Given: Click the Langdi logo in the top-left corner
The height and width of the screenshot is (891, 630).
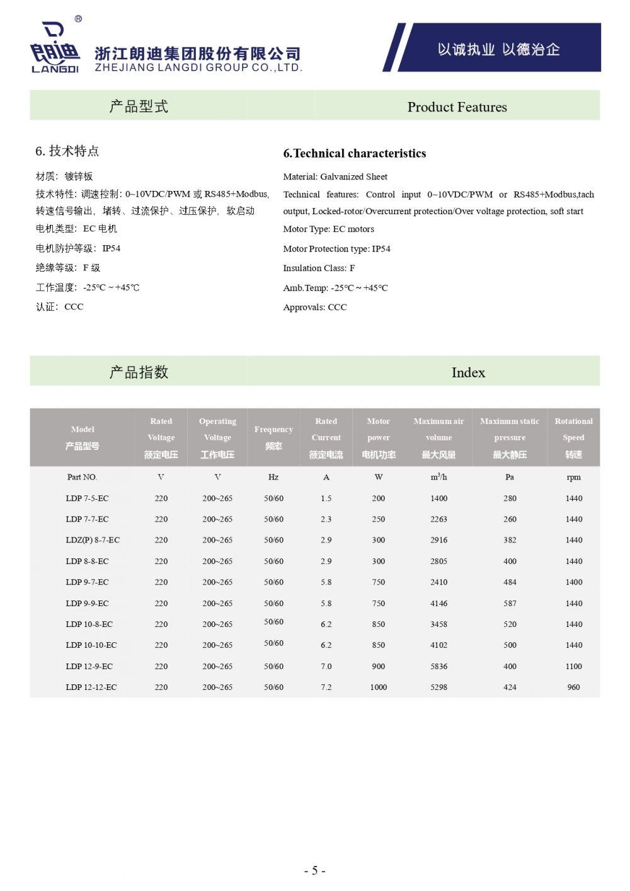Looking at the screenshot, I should click(x=55, y=48).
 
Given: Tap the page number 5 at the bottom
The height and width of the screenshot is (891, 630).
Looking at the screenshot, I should click(x=314, y=871).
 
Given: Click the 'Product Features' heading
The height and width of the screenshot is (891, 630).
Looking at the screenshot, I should click(x=457, y=107).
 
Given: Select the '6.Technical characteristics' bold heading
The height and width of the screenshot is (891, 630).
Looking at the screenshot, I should click(x=355, y=153).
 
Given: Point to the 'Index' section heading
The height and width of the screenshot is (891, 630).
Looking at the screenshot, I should click(x=468, y=372).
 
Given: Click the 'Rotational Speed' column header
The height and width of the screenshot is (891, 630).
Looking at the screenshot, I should click(x=573, y=437).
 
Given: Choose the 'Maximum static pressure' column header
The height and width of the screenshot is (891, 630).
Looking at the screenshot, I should click(x=510, y=437).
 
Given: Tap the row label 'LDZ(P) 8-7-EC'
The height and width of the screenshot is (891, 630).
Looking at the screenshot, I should click(x=93, y=540).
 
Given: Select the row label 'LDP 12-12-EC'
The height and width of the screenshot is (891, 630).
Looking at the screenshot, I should click(x=91, y=687).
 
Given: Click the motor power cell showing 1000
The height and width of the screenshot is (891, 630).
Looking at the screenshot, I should click(x=379, y=687).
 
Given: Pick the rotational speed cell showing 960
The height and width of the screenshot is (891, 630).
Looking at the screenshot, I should click(x=573, y=687).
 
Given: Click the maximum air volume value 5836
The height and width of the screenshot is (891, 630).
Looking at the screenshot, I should click(x=438, y=666).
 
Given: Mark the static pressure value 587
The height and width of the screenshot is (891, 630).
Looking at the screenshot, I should click(x=510, y=603).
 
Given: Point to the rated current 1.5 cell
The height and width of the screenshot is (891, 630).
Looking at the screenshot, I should click(x=326, y=498).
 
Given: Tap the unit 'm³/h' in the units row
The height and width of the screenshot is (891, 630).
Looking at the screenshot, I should click(x=438, y=477).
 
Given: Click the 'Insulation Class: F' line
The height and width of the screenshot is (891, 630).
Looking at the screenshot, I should click(x=319, y=268).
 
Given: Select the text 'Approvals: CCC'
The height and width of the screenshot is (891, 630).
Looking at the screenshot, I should click(x=315, y=308).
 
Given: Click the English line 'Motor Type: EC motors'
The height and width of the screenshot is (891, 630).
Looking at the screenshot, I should click(x=328, y=229).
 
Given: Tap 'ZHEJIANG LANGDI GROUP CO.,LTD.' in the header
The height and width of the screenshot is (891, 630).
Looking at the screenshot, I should click(x=198, y=67).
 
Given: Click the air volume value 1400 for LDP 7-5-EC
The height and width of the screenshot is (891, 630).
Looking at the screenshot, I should click(x=438, y=498).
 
